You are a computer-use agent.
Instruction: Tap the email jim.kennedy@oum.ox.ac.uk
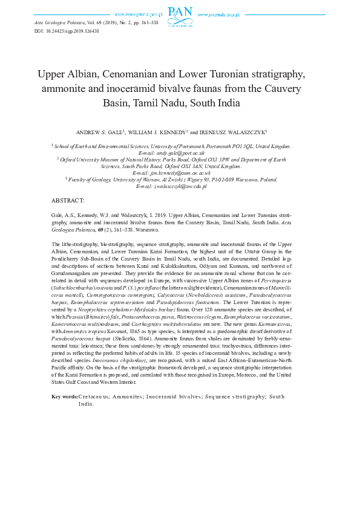click(180, 173)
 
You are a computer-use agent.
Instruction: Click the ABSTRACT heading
click(68, 200)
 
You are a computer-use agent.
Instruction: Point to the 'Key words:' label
click(65, 396)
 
